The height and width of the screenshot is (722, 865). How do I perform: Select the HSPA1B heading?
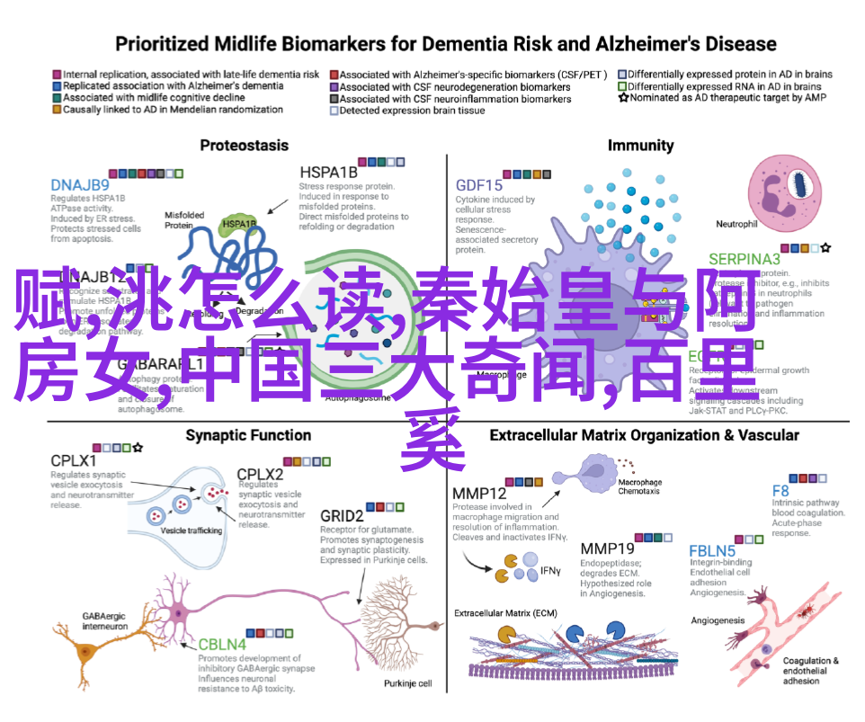[327, 173]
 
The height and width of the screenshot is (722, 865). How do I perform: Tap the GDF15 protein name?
[480, 185]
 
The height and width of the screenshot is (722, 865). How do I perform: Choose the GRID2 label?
[342, 516]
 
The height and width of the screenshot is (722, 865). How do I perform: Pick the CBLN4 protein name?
[224, 645]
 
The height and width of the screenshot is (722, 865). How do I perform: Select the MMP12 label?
[479, 495]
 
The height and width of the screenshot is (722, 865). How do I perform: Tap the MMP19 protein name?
[607, 548]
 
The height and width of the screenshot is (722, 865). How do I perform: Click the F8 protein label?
[780, 491]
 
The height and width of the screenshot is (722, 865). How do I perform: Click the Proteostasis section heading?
[244, 145]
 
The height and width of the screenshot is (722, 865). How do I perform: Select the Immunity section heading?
[640, 145]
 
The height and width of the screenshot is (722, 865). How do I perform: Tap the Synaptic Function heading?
[248, 435]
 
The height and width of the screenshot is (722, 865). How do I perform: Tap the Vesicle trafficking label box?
[192, 530]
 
